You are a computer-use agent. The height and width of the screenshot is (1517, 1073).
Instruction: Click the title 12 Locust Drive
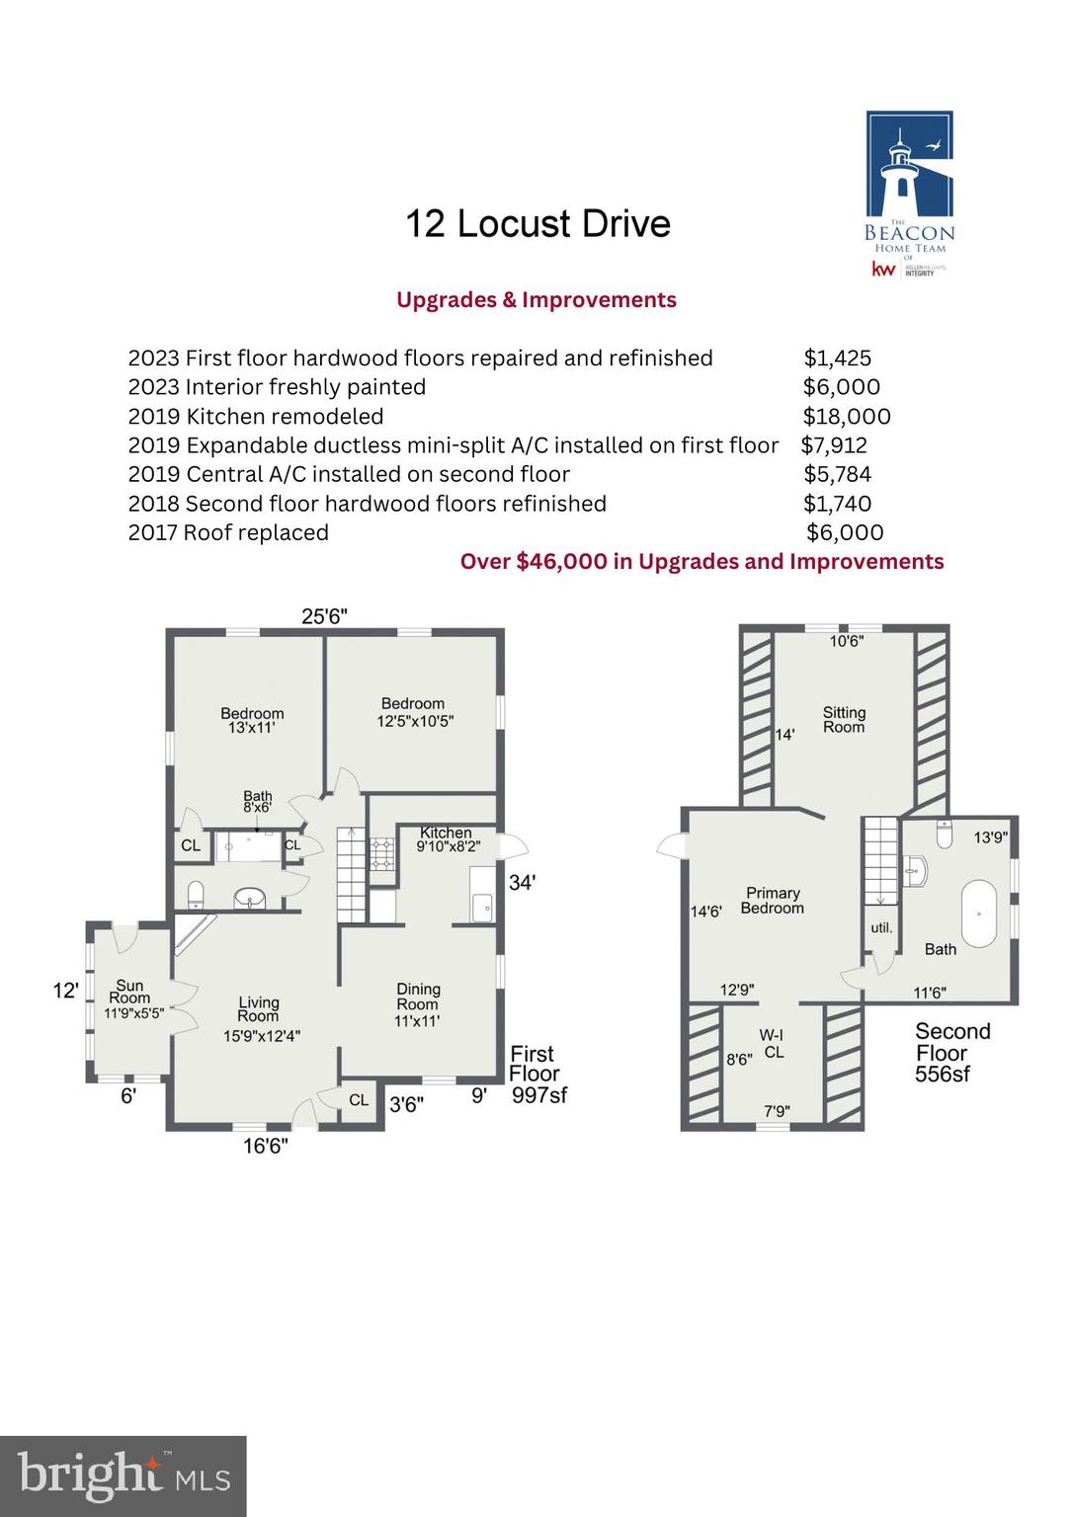pos(537,224)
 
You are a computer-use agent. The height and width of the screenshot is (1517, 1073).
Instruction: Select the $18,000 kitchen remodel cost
pos(846,417)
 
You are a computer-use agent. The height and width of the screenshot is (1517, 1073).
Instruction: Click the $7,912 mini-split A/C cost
pos(834,445)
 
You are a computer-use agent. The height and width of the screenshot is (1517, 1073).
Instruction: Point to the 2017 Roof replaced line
pos(228,533)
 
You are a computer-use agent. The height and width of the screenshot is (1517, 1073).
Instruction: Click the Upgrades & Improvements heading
pos(536,300)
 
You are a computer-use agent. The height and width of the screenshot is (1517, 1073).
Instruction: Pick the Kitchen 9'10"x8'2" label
pos(447,839)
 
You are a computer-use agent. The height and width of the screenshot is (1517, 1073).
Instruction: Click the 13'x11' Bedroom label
pos(252,720)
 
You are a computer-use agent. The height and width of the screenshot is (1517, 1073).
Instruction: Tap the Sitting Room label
pos(844,719)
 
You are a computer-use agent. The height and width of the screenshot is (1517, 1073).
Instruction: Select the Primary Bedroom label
pos(773,900)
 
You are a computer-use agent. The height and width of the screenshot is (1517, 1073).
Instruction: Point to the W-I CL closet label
pos(773,1044)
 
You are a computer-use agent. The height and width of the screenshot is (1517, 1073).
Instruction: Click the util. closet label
pos(880,927)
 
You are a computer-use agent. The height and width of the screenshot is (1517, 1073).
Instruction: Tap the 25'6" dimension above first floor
pos(324,616)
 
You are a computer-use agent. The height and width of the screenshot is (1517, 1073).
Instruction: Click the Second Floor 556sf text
pos(950,1053)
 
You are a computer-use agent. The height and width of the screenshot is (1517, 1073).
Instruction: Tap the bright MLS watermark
pos(124,1476)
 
